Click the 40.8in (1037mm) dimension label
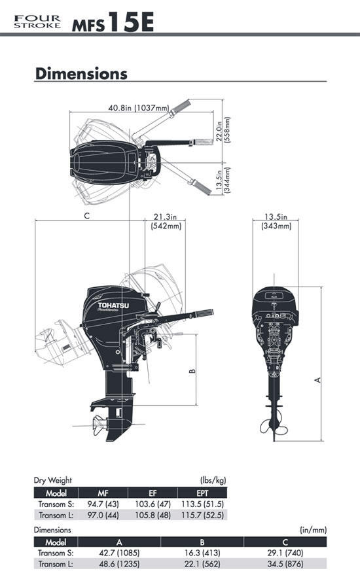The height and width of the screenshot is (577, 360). (x=138, y=108)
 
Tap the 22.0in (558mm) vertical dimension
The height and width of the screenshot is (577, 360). (x=223, y=131)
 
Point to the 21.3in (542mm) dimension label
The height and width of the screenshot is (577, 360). (x=166, y=221)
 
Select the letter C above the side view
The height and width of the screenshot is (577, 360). (x=87, y=216)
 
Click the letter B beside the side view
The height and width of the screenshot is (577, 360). (x=192, y=372)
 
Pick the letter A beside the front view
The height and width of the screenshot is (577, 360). (x=318, y=379)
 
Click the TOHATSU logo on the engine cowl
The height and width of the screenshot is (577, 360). (x=113, y=306)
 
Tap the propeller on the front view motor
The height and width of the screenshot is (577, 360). (x=274, y=426)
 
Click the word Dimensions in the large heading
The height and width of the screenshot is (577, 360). (x=81, y=73)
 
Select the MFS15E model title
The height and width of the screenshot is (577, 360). (x=113, y=22)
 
